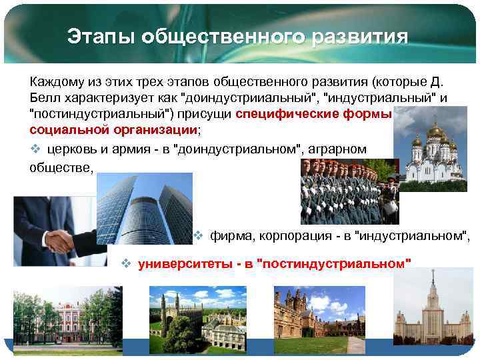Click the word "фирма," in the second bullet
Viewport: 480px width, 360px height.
click(231, 235)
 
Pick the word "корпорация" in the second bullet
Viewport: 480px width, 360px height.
click(291, 235)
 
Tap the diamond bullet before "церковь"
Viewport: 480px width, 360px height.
click(35, 149)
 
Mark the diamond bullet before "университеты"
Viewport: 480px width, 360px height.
click(125, 263)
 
